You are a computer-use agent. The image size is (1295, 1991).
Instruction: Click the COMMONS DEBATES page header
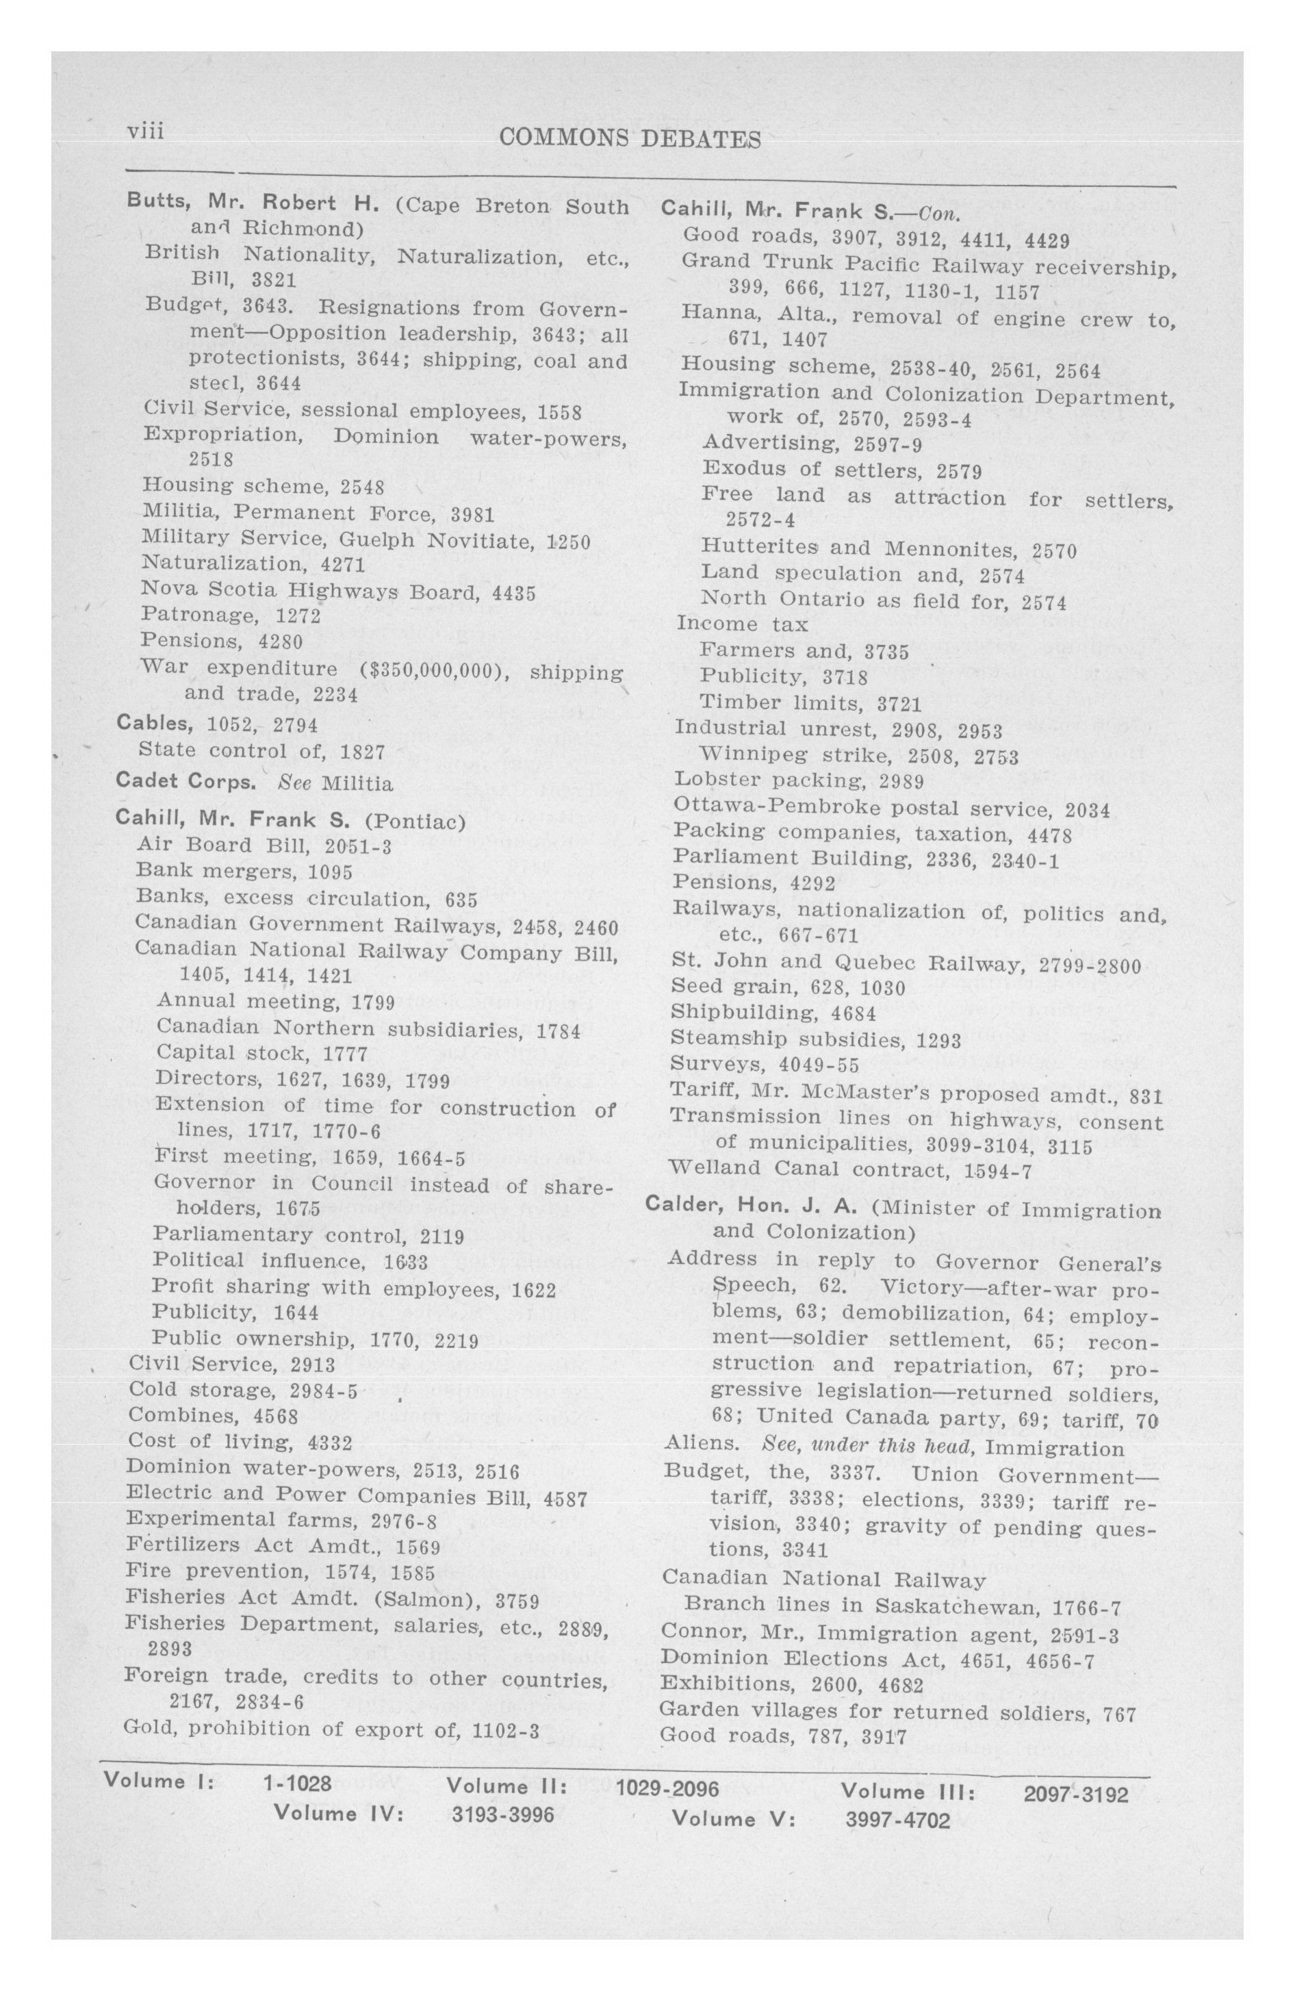629,139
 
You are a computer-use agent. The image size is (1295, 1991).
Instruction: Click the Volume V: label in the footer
733,1818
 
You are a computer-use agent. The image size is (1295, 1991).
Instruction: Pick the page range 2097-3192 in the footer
1075,1795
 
